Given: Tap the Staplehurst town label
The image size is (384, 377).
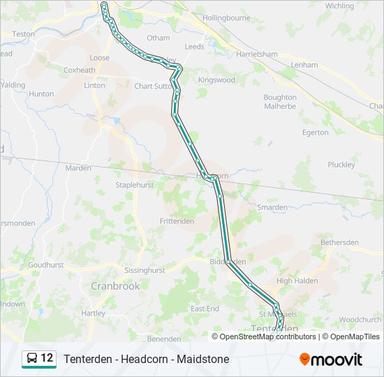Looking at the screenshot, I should (x=134, y=185).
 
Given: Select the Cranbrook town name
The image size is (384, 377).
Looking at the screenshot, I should (x=115, y=286).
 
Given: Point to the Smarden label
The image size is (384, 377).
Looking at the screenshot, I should (x=272, y=207).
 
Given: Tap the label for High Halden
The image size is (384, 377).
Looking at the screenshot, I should (x=297, y=281).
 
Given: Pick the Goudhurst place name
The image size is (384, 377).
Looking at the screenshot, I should (x=45, y=265).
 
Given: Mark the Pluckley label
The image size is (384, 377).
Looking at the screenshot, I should (x=341, y=165).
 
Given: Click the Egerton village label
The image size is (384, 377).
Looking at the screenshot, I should (x=315, y=133).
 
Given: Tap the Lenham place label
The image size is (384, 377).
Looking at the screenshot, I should (x=304, y=65).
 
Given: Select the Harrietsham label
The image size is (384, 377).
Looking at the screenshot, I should (x=257, y=54).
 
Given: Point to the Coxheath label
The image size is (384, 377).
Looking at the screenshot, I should (x=79, y=70).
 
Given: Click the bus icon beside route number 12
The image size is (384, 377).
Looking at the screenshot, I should (x=32, y=359).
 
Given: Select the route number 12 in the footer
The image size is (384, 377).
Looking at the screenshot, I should (x=47, y=358).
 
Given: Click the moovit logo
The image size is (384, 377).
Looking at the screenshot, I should (x=331, y=359).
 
